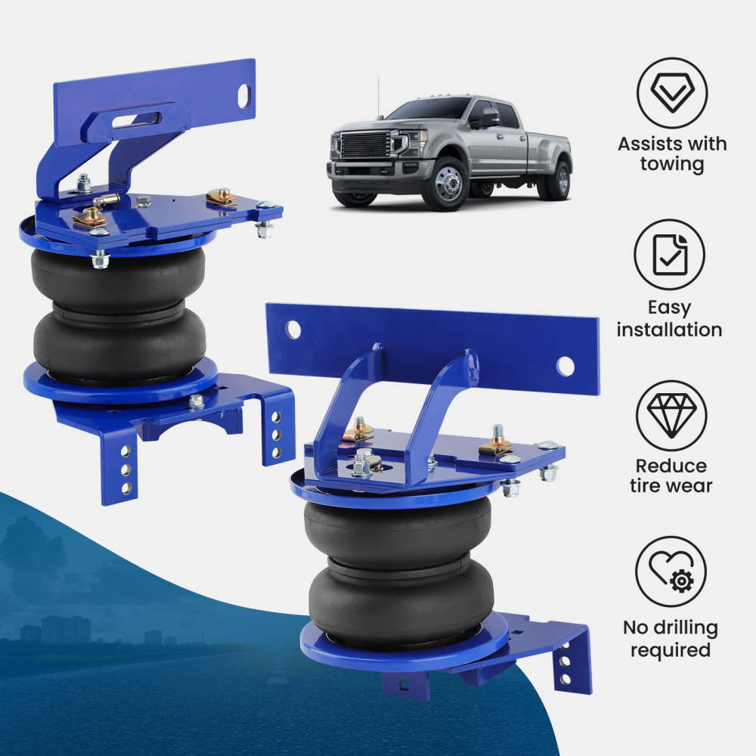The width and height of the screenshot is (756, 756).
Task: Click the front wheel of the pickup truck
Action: click(445, 184)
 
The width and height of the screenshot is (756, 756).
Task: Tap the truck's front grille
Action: click(366, 145)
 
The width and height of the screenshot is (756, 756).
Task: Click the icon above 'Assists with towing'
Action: click(672, 92)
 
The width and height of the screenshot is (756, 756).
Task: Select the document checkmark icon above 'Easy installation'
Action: click(670, 255)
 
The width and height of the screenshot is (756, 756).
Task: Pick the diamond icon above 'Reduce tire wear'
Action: click(671, 416)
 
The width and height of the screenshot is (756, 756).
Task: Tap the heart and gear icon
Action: click(671, 572)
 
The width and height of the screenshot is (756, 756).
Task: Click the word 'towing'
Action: click(672, 164)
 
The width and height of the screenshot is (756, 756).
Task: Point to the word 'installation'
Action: click(669, 330)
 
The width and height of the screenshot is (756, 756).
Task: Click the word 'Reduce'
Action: click(671, 466)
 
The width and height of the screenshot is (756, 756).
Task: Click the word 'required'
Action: click(671, 650)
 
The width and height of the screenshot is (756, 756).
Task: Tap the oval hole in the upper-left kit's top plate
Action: click(244, 96)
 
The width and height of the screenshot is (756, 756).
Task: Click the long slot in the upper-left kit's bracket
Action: click(136, 120)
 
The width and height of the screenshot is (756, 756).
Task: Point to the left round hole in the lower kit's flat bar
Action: click(293, 330)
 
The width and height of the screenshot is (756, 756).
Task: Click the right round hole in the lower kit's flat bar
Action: click(565, 367)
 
